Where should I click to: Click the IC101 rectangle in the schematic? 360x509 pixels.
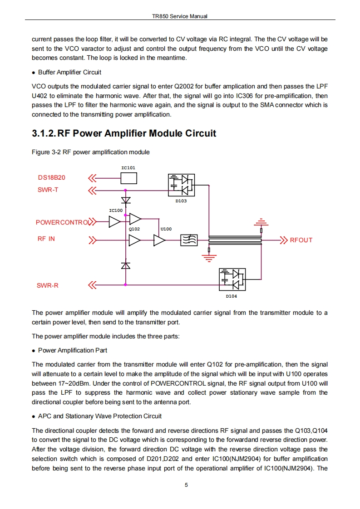[x=128, y=178]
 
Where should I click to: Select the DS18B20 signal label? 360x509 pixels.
[x=51, y=178]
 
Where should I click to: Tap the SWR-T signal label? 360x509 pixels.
[x=48, y=190]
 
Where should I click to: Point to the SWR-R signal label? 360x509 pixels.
[x=48, y=286]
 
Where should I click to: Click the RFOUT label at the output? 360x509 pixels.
[x=301, y=240]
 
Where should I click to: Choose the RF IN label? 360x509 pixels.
[x=46, y=239]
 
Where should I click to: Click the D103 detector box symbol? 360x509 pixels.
[x=181, y=185]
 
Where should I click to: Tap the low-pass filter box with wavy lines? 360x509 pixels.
[x=188, y=240]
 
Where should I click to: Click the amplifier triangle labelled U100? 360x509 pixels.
[x=160, y=240]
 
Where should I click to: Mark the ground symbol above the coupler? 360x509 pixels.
[x=261, y=223]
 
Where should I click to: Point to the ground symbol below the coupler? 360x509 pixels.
[x=209, y=257]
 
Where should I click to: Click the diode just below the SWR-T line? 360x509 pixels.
[x=125, y=200]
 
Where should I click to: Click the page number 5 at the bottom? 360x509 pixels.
[x=186, y=485]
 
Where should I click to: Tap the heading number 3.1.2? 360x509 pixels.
[x=44, y=133]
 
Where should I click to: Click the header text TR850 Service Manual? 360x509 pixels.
[x=180, y=16]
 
